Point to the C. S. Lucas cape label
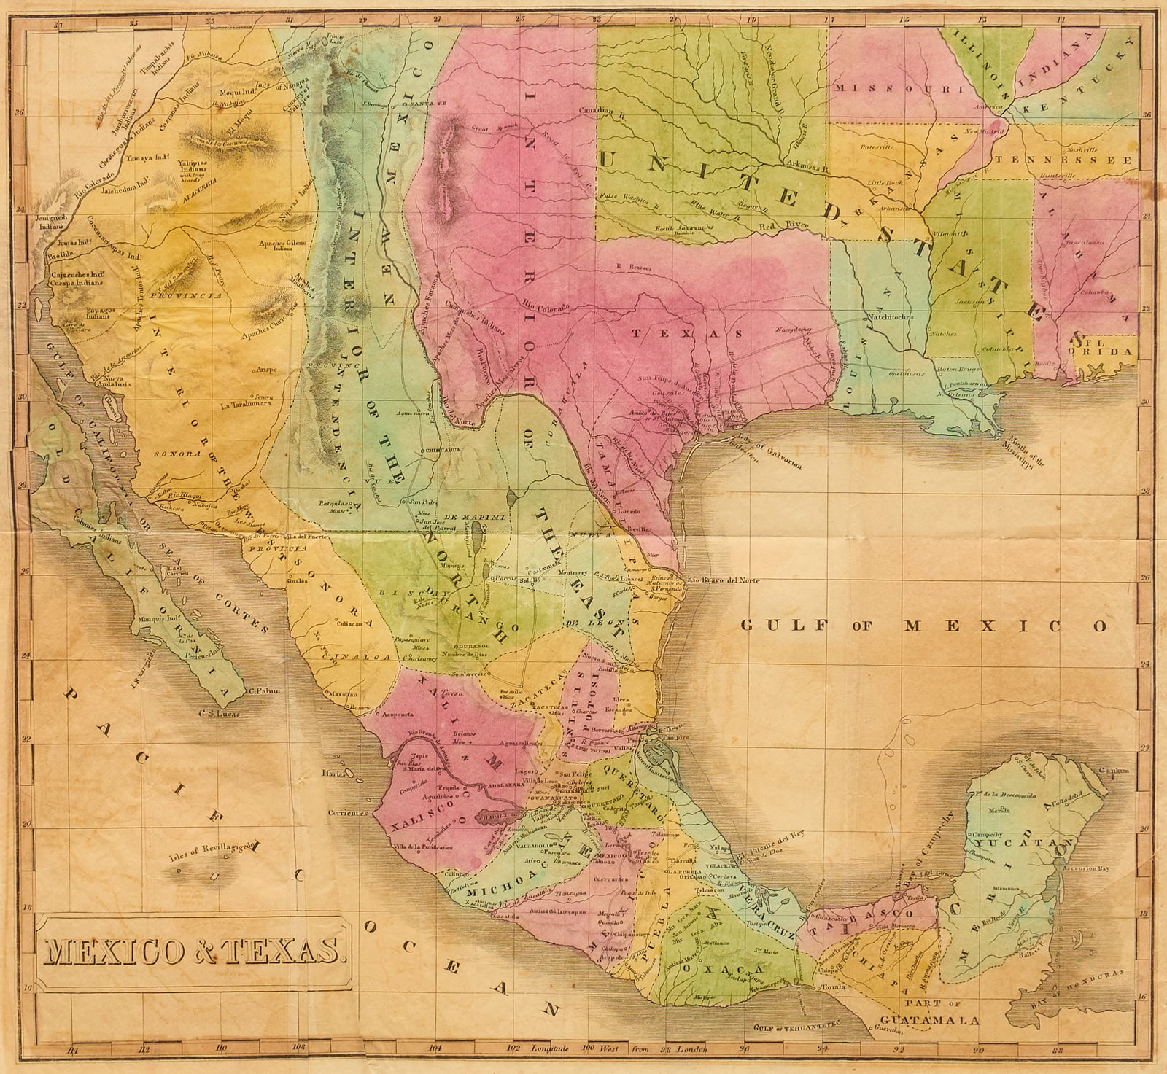pyautogui.click(x=218, y=714)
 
